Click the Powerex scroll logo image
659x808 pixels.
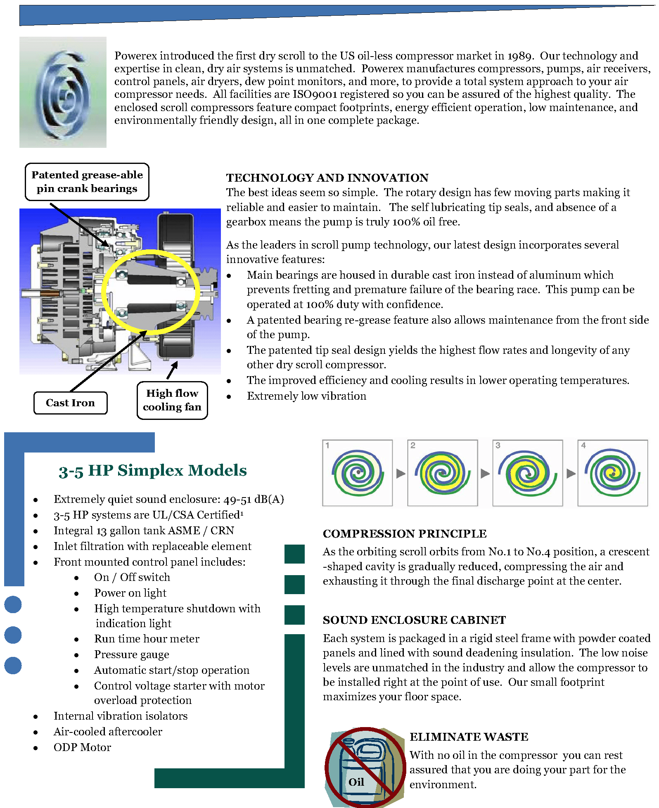pos(63,92)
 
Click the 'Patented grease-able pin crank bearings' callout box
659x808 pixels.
pos(87,182)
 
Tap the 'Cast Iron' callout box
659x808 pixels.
pos(70,403)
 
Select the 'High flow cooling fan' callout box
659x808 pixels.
pos(172,400)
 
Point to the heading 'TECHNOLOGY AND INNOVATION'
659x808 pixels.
pos(327,178)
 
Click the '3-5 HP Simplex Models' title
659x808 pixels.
pos(153,470)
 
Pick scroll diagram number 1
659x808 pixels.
pos(357,473)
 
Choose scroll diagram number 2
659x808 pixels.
pos(442,473)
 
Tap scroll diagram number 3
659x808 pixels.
pos(527,473)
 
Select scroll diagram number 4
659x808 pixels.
pos(612,473)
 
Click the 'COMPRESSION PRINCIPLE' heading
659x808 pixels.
pos(405,534)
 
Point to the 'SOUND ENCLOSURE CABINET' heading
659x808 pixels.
pos(414,620)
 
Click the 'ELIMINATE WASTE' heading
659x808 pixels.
pos(469,737)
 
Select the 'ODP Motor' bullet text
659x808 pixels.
pos(82,748)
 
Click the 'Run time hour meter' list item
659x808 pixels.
pos(147,639)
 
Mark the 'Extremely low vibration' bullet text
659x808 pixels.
pos(306,396)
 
